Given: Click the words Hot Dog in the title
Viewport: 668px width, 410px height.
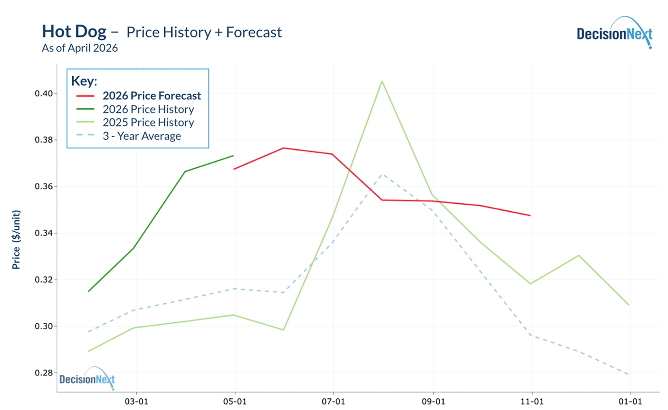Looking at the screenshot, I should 74,32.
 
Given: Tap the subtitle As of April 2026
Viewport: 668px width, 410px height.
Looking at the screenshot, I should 80,48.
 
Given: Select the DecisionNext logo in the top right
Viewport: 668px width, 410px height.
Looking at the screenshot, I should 614,33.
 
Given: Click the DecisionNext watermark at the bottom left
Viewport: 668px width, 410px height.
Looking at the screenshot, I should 87,379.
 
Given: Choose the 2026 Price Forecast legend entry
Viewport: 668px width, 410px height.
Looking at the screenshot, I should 152,95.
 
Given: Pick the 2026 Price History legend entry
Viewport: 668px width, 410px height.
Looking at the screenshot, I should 148,109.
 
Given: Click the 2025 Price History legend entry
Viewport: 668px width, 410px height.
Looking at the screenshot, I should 148,122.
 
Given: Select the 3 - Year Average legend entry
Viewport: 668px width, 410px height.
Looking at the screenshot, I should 141,136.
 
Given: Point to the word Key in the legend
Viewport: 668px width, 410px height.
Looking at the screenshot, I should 84,81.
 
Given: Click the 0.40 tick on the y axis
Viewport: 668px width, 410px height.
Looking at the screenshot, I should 44,93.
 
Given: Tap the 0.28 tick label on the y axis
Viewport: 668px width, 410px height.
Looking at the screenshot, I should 44,373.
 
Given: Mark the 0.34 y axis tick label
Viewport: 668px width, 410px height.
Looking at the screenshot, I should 44,233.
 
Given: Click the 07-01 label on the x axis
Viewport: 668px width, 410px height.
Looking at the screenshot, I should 334,401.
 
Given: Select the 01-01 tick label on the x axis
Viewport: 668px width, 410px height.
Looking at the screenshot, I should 630,401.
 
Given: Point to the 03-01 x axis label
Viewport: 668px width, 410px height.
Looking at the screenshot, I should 137,401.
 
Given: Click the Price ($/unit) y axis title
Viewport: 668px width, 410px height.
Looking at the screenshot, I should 16,240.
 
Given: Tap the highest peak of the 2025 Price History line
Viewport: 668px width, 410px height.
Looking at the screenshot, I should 382,81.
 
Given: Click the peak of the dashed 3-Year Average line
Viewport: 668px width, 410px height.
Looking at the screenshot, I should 382,174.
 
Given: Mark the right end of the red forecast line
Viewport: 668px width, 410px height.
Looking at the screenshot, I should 530,216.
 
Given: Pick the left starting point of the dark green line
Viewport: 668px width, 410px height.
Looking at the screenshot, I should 88,291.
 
